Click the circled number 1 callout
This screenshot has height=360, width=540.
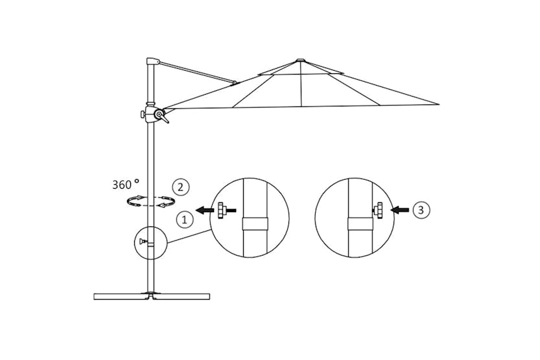[185, 220]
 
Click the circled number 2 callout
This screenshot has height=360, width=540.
[181, 187]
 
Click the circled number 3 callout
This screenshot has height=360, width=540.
[421, 210]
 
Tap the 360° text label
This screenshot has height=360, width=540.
[125, 184]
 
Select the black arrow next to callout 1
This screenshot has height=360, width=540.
[205, 210]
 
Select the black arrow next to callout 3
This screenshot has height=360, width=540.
[400, 210]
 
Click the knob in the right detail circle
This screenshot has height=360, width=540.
[378, 210]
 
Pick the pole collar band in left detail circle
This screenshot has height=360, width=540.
[254, 224]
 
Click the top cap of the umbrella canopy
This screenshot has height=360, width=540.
[300, 61]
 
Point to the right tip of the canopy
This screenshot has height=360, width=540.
[438, 104]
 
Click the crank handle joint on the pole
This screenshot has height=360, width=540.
[157, 115]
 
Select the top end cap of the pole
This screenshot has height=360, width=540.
[152, 62]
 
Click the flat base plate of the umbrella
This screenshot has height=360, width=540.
[152, 296]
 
